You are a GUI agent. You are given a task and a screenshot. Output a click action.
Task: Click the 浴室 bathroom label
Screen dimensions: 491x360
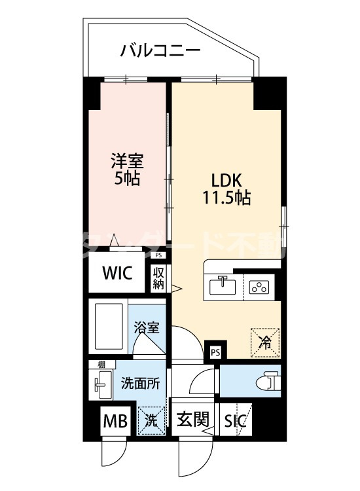(147, 328)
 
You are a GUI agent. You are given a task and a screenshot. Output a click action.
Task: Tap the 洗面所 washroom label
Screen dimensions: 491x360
(139, 384)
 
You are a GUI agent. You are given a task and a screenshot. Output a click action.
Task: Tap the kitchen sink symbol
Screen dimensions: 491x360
(223, 285)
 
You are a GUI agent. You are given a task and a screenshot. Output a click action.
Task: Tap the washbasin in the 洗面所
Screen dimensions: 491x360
(101, 386)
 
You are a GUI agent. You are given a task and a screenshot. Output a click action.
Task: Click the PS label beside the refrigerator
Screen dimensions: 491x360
(215, 352)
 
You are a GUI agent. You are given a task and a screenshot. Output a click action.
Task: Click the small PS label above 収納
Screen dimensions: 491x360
(159, 256)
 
